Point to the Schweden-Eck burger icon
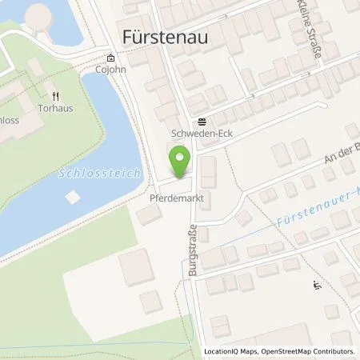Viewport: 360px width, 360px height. (x=202, y=122)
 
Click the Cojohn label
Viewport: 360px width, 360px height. (x=110, y=70)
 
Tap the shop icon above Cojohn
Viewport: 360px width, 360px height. (x=110, y=58)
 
